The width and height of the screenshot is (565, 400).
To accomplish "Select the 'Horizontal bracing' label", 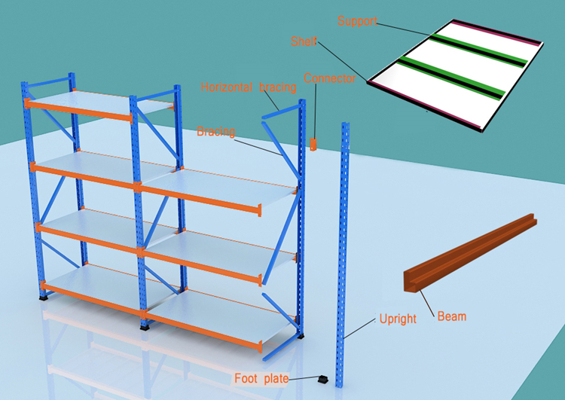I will point(249,87).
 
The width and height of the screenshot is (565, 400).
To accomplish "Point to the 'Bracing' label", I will point(216,132).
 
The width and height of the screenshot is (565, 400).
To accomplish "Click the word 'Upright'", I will point(397,318).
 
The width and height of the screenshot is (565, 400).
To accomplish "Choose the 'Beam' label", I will point(451,316).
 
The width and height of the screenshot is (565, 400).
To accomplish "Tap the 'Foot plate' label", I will point(261,378).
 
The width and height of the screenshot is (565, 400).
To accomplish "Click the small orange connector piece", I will point(313,143).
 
